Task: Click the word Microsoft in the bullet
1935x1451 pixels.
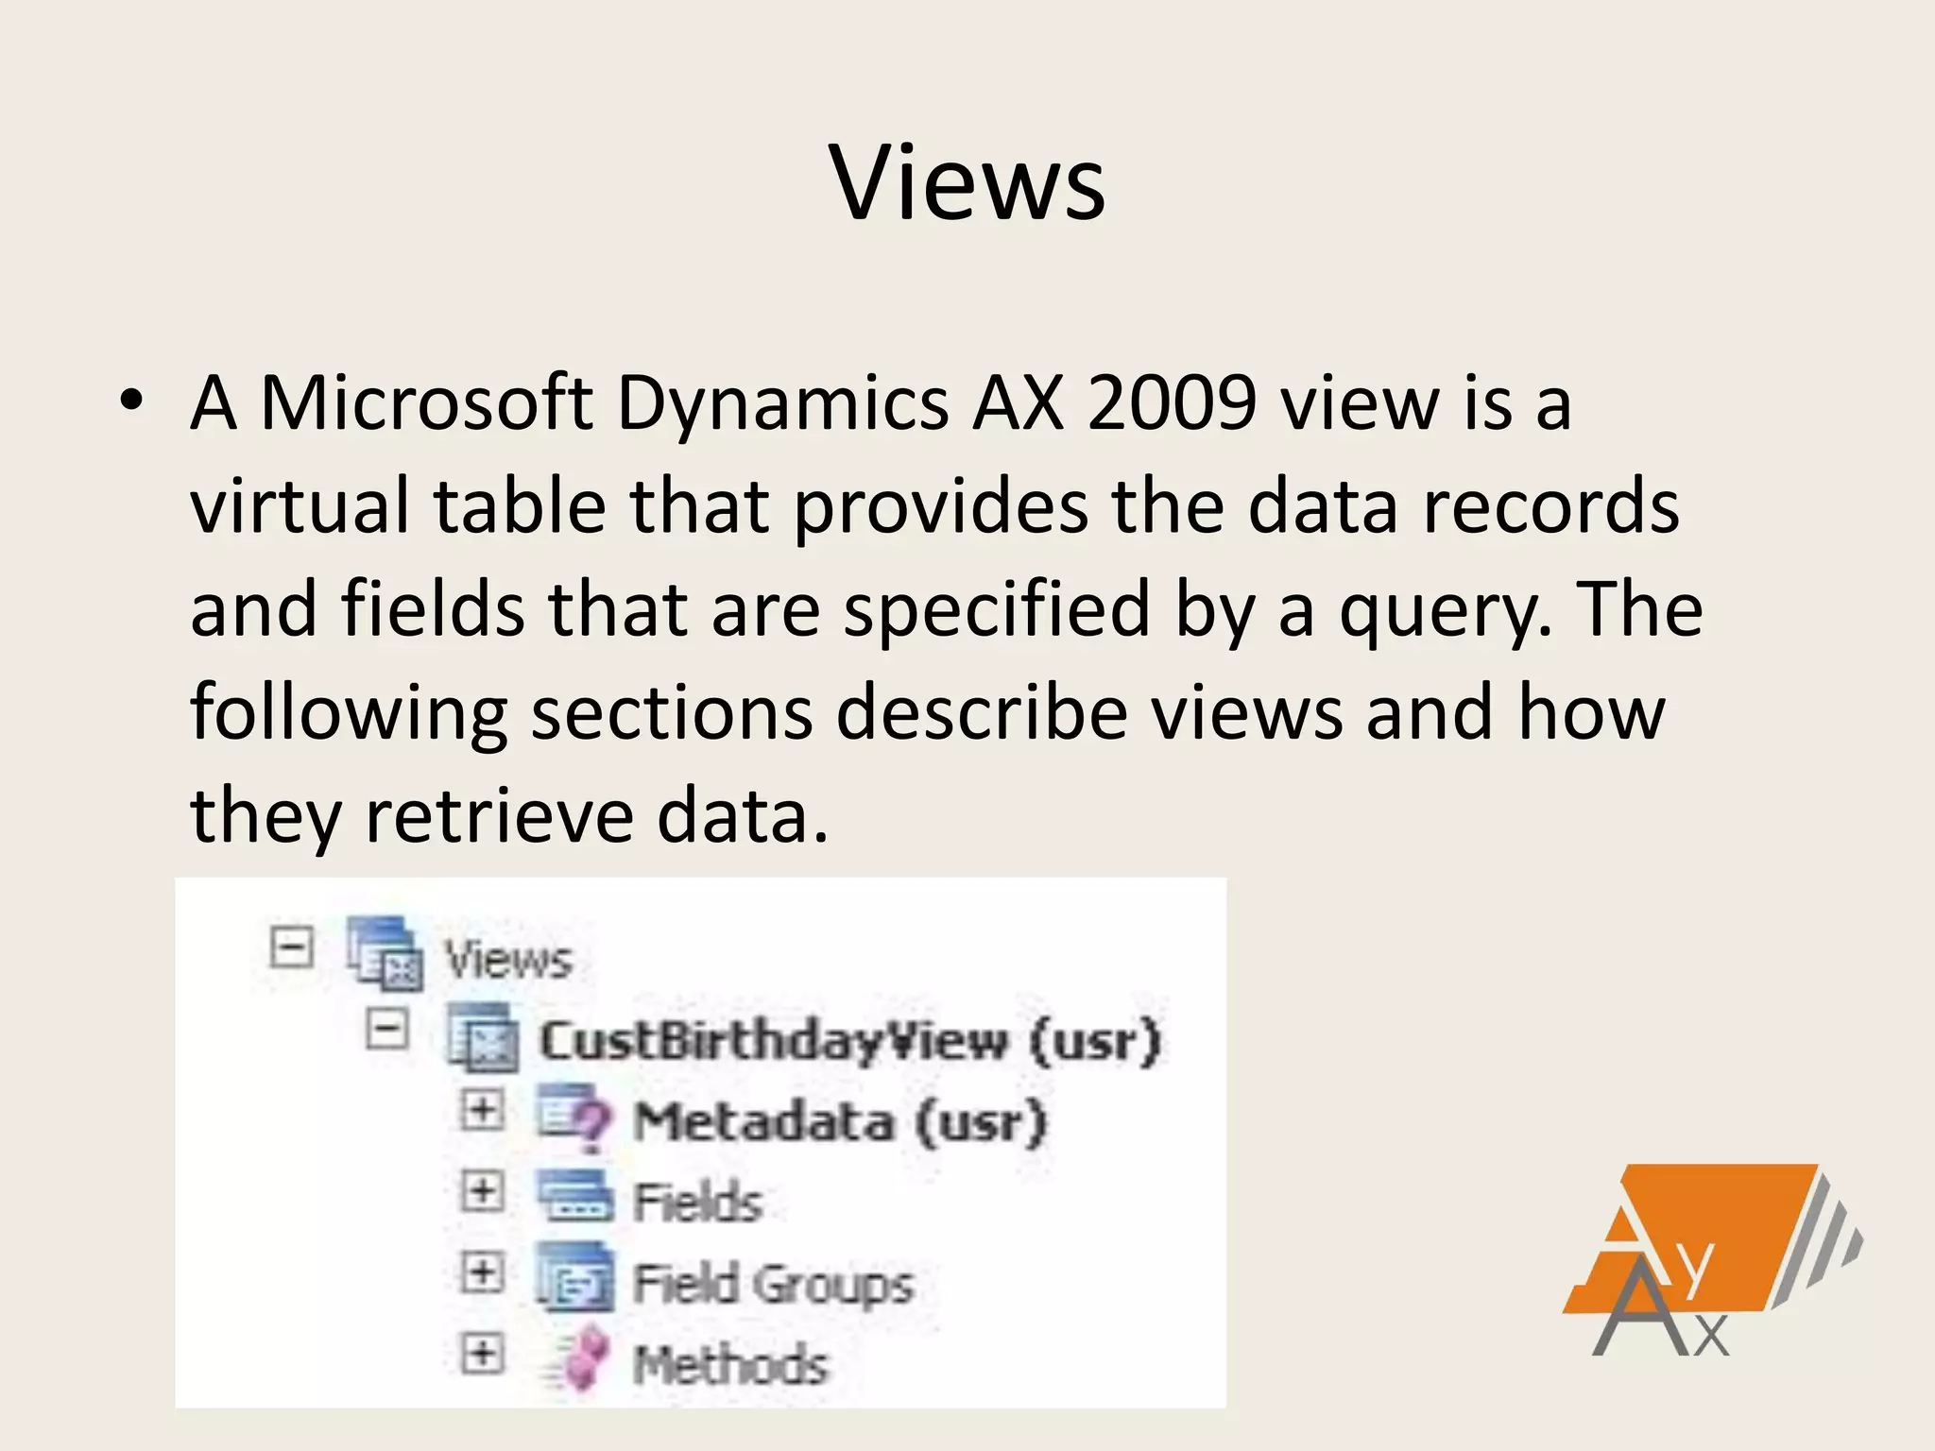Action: click(x=426, y=403)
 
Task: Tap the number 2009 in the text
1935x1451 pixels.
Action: click(x=1172, y=403)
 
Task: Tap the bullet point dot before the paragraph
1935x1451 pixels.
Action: click(x=131, y=401)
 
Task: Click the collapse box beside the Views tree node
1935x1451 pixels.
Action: click(x=292, y=947)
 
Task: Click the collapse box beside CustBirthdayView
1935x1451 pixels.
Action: click(x=387, y=1029)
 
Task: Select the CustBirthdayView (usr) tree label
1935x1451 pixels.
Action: click(x=848, y=1041)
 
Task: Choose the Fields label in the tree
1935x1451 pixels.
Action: click(x=697, y=1203)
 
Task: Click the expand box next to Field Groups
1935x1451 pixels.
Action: click(x=482, y=1273)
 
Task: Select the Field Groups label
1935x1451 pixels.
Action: click(x=773, y=1284)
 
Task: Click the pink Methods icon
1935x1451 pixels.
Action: click(x=581, y=1357)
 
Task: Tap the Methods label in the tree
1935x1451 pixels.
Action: click(x=729, y=1365)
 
